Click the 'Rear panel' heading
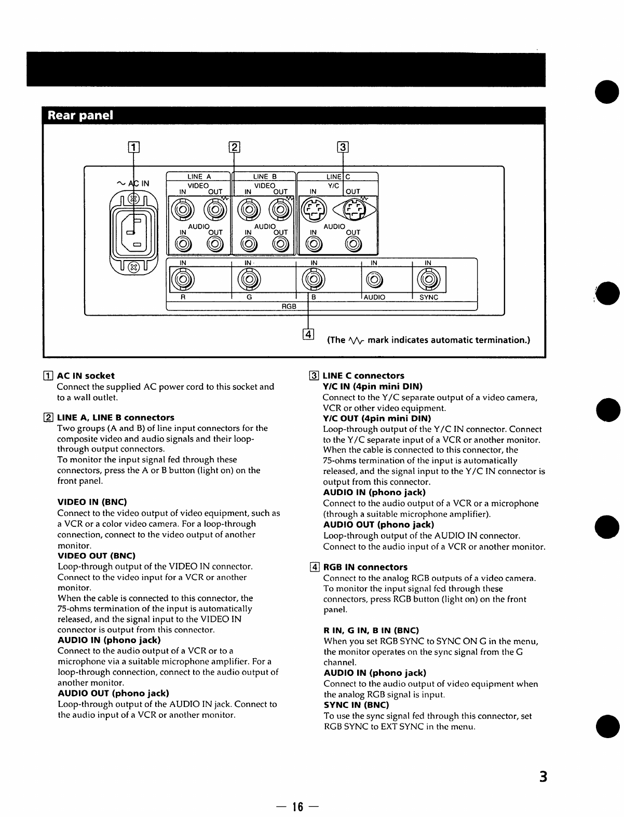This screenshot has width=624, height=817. click(80, 115)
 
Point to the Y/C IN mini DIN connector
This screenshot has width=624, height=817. click(314, 210)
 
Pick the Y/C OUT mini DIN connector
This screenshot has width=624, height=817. click(354, 210)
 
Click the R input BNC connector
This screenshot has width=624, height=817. click(183, 280)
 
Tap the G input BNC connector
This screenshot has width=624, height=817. click(249, 280)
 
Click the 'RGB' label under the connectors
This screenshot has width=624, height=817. click(289, 306)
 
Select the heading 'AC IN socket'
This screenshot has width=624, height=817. click(86, 375)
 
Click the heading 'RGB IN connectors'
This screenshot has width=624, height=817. click(365, 567)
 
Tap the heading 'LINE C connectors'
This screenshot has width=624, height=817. click(363, 375)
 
